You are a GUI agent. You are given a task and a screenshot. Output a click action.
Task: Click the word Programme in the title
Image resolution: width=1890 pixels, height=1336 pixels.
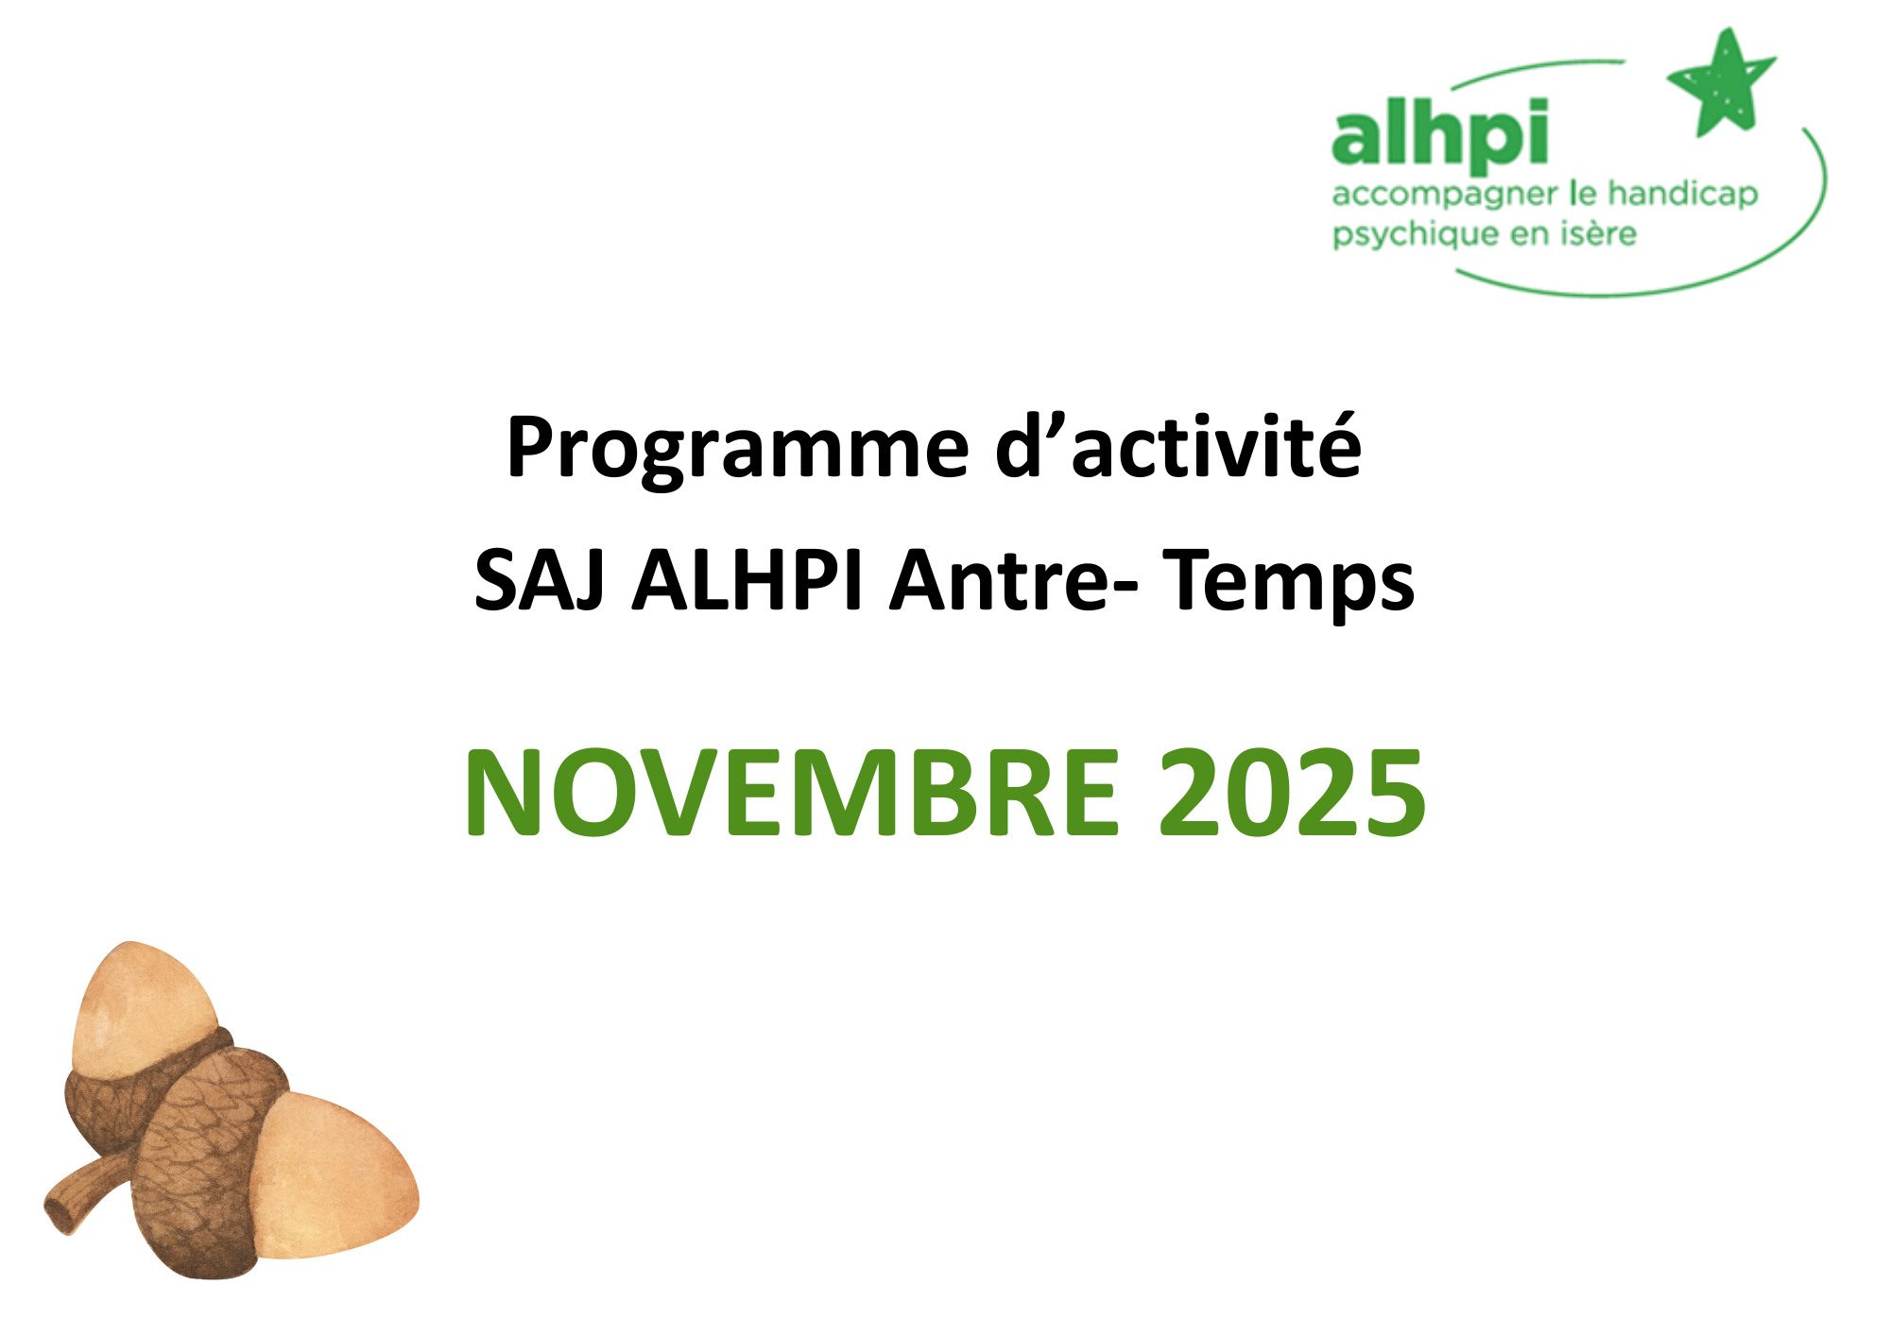[738, 450]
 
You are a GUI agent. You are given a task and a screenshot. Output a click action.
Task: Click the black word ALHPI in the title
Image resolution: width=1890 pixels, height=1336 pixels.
[747, 580]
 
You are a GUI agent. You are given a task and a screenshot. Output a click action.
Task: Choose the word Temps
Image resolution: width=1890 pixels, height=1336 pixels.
[1288, 584]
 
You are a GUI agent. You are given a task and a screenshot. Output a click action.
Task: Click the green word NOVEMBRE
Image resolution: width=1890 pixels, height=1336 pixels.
[792, 792]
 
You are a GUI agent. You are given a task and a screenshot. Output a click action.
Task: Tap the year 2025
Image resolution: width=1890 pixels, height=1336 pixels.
[1293, 792]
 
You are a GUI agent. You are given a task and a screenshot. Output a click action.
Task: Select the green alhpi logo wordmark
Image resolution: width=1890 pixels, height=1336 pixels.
[1439, 134]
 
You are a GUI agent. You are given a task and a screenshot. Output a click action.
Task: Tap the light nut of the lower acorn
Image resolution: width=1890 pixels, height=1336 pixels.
[331, 1176]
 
